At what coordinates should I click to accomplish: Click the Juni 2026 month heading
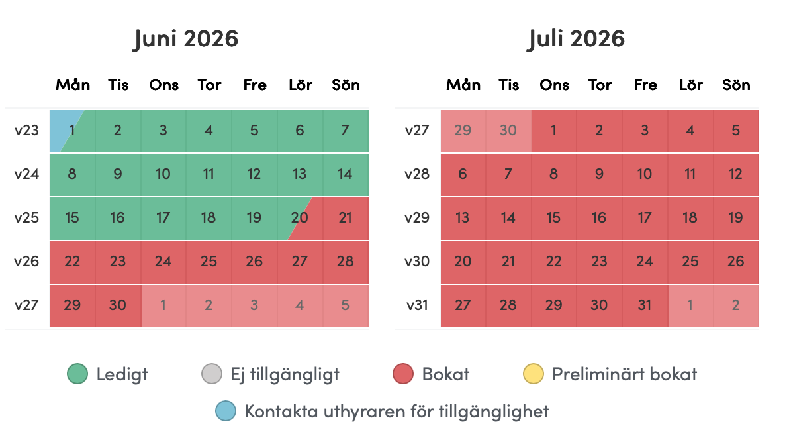point(185,39)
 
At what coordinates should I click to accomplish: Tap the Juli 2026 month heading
point(576,39)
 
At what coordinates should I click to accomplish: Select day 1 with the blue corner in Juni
point(72,131)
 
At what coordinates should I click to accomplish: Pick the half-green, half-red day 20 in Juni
point(300,218)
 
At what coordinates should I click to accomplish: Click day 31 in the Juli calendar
point(645,306)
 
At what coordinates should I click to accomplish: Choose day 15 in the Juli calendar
point(554,218)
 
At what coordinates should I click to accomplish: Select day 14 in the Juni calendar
point(346,174)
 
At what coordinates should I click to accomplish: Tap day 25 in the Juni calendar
point(209,262)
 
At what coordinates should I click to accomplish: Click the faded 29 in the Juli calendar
point(463,131)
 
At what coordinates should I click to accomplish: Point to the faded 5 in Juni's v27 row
point(346,306)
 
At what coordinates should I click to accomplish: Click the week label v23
point(26,131)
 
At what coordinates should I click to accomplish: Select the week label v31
point(417,306)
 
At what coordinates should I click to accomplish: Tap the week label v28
point(417,174)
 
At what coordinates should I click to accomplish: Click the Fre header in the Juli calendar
point(645,85)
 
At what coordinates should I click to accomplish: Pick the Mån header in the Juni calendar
point(73,85)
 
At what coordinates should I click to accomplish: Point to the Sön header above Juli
point(736,85)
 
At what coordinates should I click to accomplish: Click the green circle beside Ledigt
point(77,374)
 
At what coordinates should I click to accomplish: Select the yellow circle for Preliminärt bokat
point(534,374)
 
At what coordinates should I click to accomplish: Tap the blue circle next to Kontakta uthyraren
point(226,411)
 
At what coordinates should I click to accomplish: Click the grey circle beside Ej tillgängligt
point(212,374)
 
